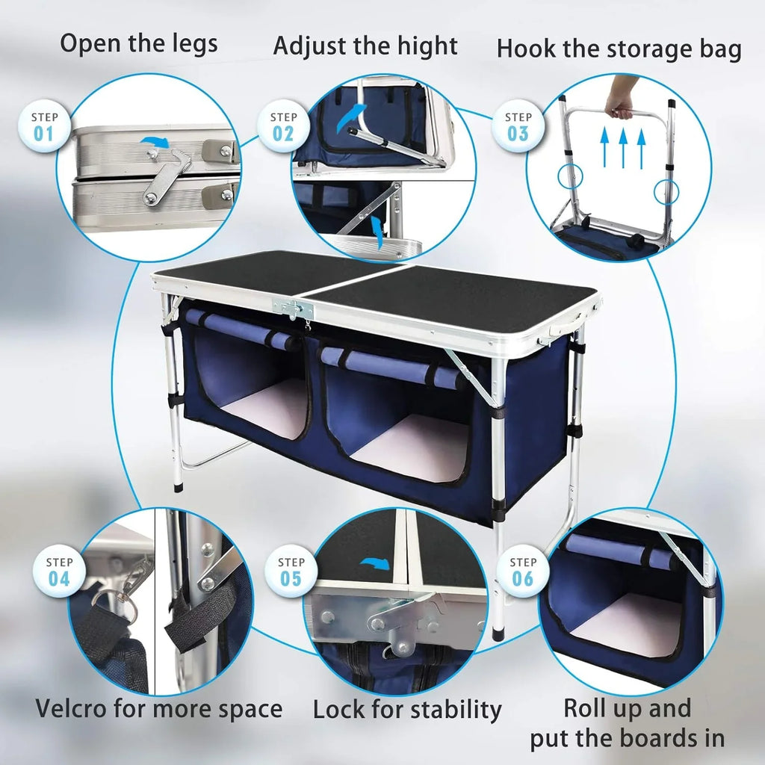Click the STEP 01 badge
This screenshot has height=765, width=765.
point(44,126)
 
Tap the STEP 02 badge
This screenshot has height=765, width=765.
point(283,126)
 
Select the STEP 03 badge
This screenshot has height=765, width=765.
point(518,126)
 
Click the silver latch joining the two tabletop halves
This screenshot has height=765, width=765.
point(294,308)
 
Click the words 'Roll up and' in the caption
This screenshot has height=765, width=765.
point(627,707)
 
